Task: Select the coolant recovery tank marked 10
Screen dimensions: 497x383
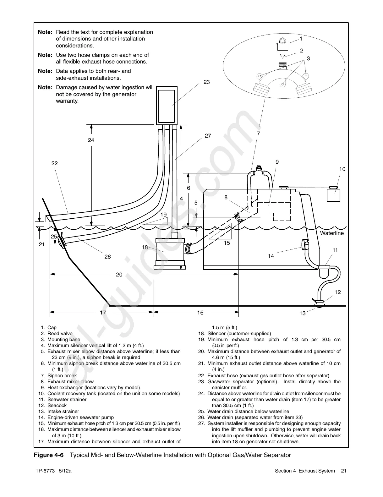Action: click(333, 194)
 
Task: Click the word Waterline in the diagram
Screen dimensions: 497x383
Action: click(332, 233)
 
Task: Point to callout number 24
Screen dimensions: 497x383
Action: click(91, 140)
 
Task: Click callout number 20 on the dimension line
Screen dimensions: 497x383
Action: click(119, 275)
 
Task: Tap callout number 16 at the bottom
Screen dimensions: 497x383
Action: click(200, 312)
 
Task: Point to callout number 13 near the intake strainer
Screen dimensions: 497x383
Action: click(303, 313)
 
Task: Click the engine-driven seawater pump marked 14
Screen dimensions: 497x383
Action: click(305, 244)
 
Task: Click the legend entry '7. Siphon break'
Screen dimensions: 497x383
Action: click(59, 376)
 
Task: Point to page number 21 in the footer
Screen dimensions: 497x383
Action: click(343, 480)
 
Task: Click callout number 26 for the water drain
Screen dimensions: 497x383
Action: click(107, 257)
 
